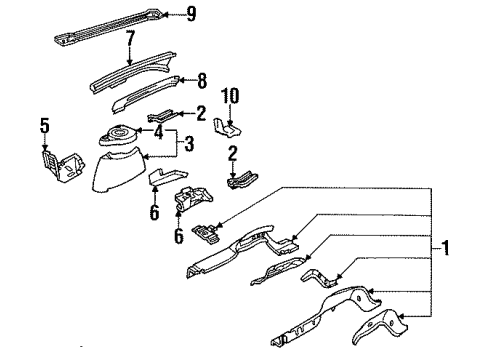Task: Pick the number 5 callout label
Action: coord(44,126)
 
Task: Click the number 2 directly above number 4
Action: coord(201,113)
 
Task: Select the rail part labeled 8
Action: coord(140,96)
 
